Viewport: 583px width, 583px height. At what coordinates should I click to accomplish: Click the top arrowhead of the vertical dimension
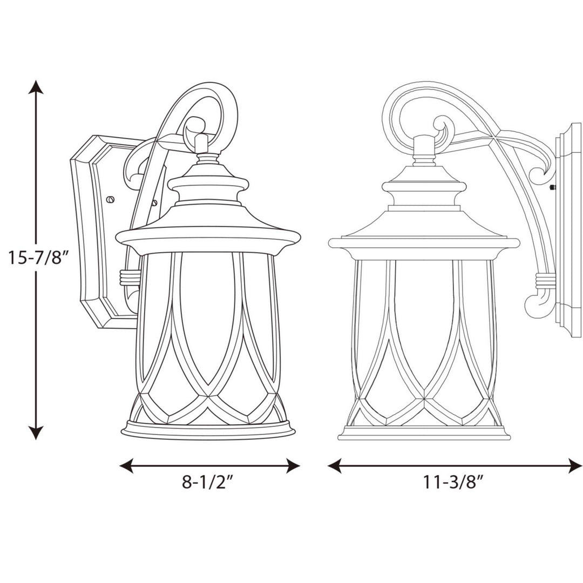point(36,87)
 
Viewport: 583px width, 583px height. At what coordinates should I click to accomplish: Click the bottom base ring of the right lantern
point(424,433)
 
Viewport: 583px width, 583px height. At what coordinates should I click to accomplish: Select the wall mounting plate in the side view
point(569,232)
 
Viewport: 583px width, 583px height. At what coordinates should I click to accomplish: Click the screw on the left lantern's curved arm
point(154,203)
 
